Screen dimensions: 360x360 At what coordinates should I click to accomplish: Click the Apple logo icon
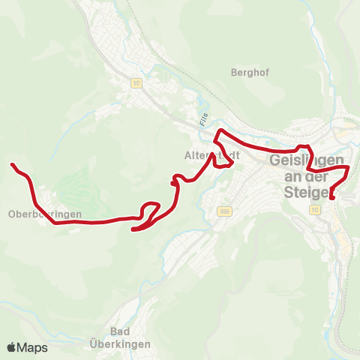point(11,347)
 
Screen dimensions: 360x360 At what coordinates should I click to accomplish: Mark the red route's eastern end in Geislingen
point(331,198)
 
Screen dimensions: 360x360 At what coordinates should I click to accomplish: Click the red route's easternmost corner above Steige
point(349,171)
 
